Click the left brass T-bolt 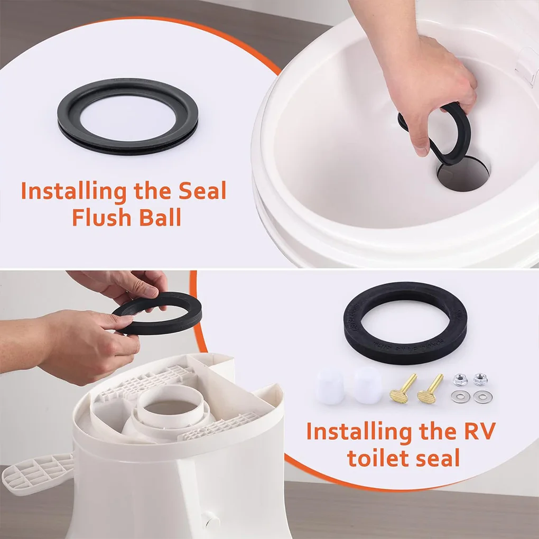tap(402, 388)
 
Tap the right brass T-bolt tap(431, 389)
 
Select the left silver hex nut tap(460, 379)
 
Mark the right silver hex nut tap(480, 378)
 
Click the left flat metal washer tap(461, 397)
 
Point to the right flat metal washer tap(481, 397)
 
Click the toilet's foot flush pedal tap(37, 471)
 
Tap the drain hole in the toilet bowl tap(461, 176)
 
